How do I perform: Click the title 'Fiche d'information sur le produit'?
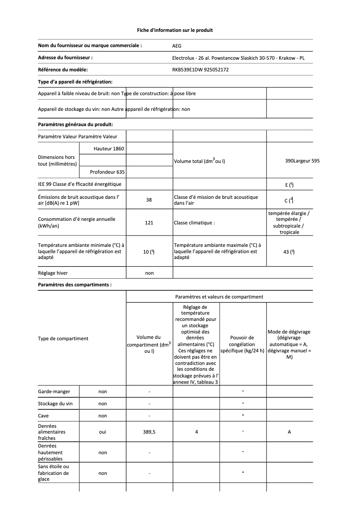(x=175, y=30)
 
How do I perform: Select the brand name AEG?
(x=177, y=46)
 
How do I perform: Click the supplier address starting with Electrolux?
(x=238, y=58)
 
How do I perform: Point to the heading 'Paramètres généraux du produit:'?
(x=75, y=124)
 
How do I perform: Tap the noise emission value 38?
(x=149, y=200)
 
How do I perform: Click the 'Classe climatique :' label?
(x=194, y=223)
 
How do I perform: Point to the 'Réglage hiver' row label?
(x=53, y=273)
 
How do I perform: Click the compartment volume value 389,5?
(x=149, y=432)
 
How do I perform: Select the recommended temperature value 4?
(x=196, y=432)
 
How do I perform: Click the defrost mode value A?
(x=289, y=432)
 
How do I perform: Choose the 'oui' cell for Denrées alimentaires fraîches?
(x=102, y=432)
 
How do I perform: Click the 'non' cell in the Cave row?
(x=102, y=416)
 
